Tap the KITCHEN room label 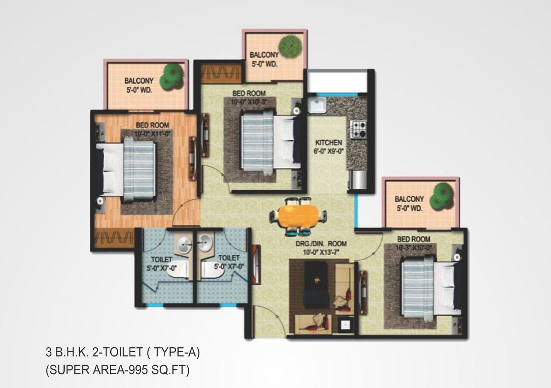point(328,143)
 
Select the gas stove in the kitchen point(359,129)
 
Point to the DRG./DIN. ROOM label point(321,244)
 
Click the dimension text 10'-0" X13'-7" point(321,252)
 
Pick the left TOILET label point(162,260)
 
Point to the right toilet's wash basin point(205,242)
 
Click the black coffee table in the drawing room point(316,284)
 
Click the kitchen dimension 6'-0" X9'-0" point(328,151)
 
